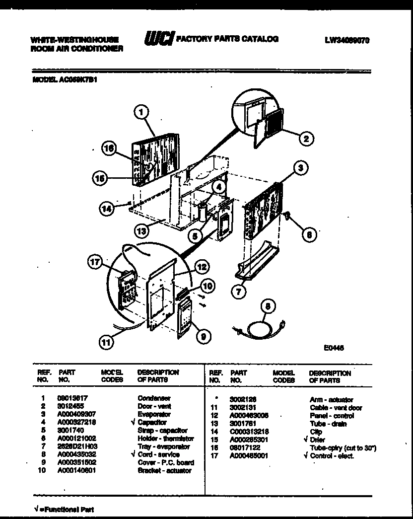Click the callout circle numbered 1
tap(142, 113)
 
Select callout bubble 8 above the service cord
tap(268, 307)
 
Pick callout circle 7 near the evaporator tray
tap(239, 292)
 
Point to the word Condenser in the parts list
tap(154, 398)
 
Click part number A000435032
tap(77, 454)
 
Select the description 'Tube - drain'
tap(328, 424)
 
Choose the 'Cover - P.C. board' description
tap(166, 462)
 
